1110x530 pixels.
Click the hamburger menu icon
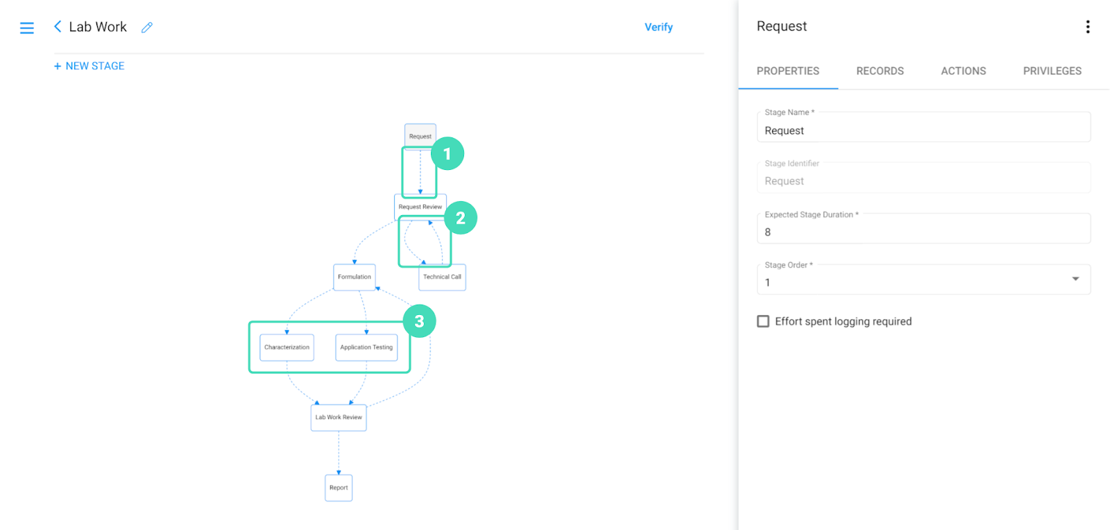pyautogui.click(x=27, y=28)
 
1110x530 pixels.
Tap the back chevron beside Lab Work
pyautogui.click(x=58, y=27)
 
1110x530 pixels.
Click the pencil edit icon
pyautogui.click(x=146, y=27)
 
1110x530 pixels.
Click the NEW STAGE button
pyautogui.click(x=89, y=66)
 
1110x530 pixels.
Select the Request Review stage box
pyautogui.click(x=420, y=207)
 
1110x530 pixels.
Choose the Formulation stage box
pyautogui.click(x=355, y=277)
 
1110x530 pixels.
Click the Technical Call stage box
pyautogui.click(x=442, y=277)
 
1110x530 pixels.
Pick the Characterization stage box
pyautogui.click(x=287, y=348)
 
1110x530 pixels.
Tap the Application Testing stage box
pyautogui.click(x=366, y=348)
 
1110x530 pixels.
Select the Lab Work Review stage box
pyautogui.click(x=339, y=418)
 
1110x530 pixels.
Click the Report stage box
pyautogui.click(x=339, y=488)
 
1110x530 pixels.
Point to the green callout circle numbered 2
pyautogui.click(x=461, y=218)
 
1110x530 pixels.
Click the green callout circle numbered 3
pyautogui.click(x=419, y=321)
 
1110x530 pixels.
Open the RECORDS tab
pyautogui.click(x=880, y=71)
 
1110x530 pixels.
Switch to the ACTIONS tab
pyautogui.click(x=964, y=71)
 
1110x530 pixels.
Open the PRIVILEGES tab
pyautogui.click(x=1052, y=71)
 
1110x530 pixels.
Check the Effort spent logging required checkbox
pyautogui.click(x=763, y=321)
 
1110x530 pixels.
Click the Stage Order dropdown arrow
pyautogui.click(x=1076, y=280)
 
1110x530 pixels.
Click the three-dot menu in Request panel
pyautogui.click(x=1088, y=27)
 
